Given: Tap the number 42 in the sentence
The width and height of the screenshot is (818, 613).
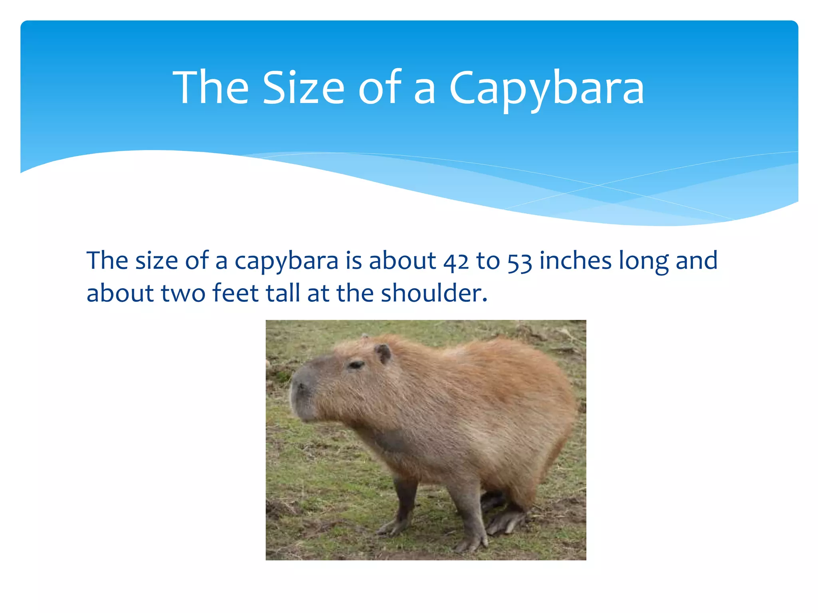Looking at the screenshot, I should [456, 262].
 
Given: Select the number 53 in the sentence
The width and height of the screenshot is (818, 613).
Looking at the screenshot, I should [520, 262].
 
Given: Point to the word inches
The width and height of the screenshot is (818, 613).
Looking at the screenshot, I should [575, 261].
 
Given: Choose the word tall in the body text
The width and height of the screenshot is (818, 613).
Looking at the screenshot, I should [283, 293].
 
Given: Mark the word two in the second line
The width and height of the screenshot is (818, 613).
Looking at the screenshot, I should [183, 294].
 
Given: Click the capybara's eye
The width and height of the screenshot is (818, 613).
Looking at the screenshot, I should [355, 364].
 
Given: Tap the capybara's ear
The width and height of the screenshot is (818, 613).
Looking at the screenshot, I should [384, 353].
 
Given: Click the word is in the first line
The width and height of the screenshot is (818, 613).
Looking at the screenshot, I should [353, 261].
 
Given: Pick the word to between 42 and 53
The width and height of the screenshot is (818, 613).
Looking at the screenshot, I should [488, 261].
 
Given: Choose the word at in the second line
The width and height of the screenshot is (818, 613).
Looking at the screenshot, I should [318, 294].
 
